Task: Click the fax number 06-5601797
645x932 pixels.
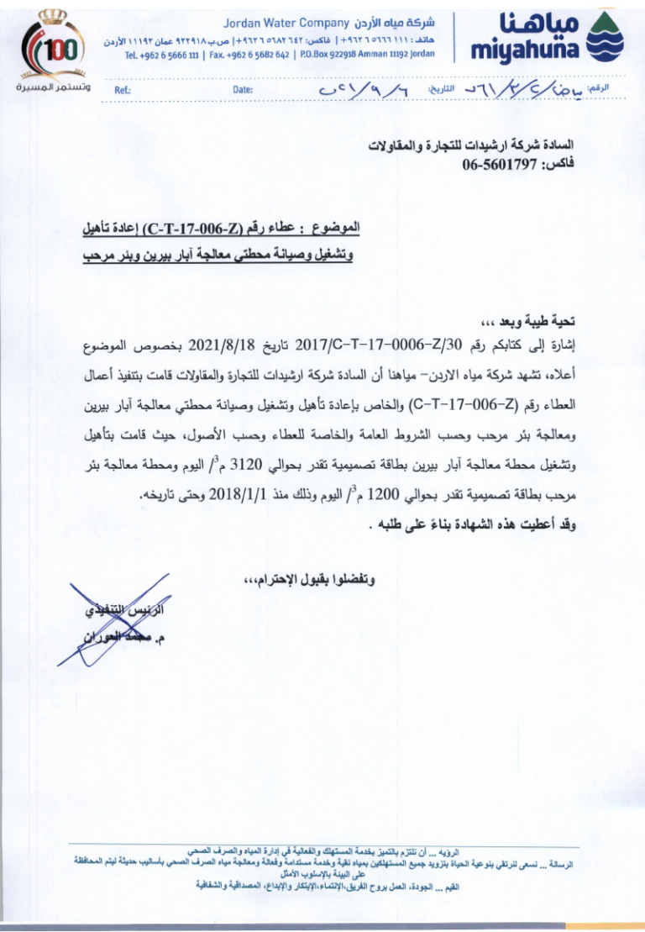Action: (x=499, y=164)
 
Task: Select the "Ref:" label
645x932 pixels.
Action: (x=110, y=91)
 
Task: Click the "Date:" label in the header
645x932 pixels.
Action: (x=243, y=91)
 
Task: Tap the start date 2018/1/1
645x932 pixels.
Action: (x=238, y=494)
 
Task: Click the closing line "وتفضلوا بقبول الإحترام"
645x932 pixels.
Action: (x=310, y=579)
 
